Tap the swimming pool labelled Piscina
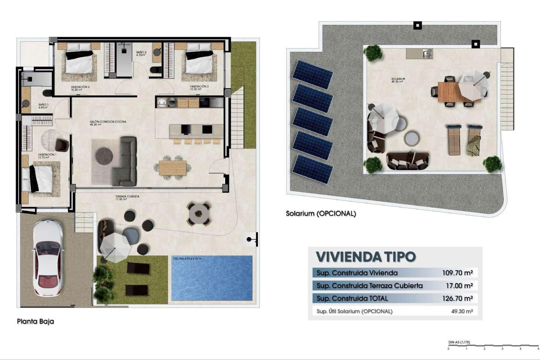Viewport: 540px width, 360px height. pos(212,278)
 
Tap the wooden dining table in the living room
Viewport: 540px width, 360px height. pos(172,168)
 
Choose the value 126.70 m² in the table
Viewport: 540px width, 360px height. pos(457,298)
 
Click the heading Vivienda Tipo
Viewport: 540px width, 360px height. pos(366,256)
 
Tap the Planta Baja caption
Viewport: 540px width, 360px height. pos(35,321)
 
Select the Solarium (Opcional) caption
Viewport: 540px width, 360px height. pos(321,214)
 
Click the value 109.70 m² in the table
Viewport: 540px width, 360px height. pos(457,273)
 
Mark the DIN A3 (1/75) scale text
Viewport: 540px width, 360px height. pos(459,342)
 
